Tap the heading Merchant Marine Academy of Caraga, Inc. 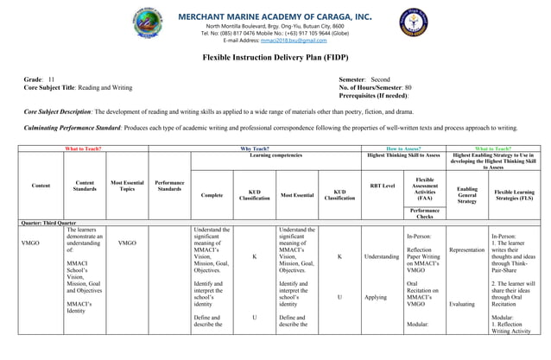pos(276,15)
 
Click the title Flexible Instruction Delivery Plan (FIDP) pos(275,56)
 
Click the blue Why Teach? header pos(254,148)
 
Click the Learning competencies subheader pos(275,155)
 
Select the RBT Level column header pos(382,185)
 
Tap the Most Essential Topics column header pos(127,185)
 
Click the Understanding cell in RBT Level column pos(382,256)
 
